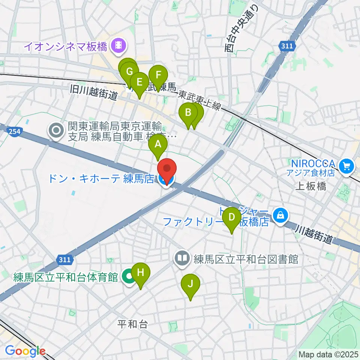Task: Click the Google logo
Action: [x=25, y=351]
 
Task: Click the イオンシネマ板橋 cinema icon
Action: [x=119, y=46]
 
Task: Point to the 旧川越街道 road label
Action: [x=94, y=92]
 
